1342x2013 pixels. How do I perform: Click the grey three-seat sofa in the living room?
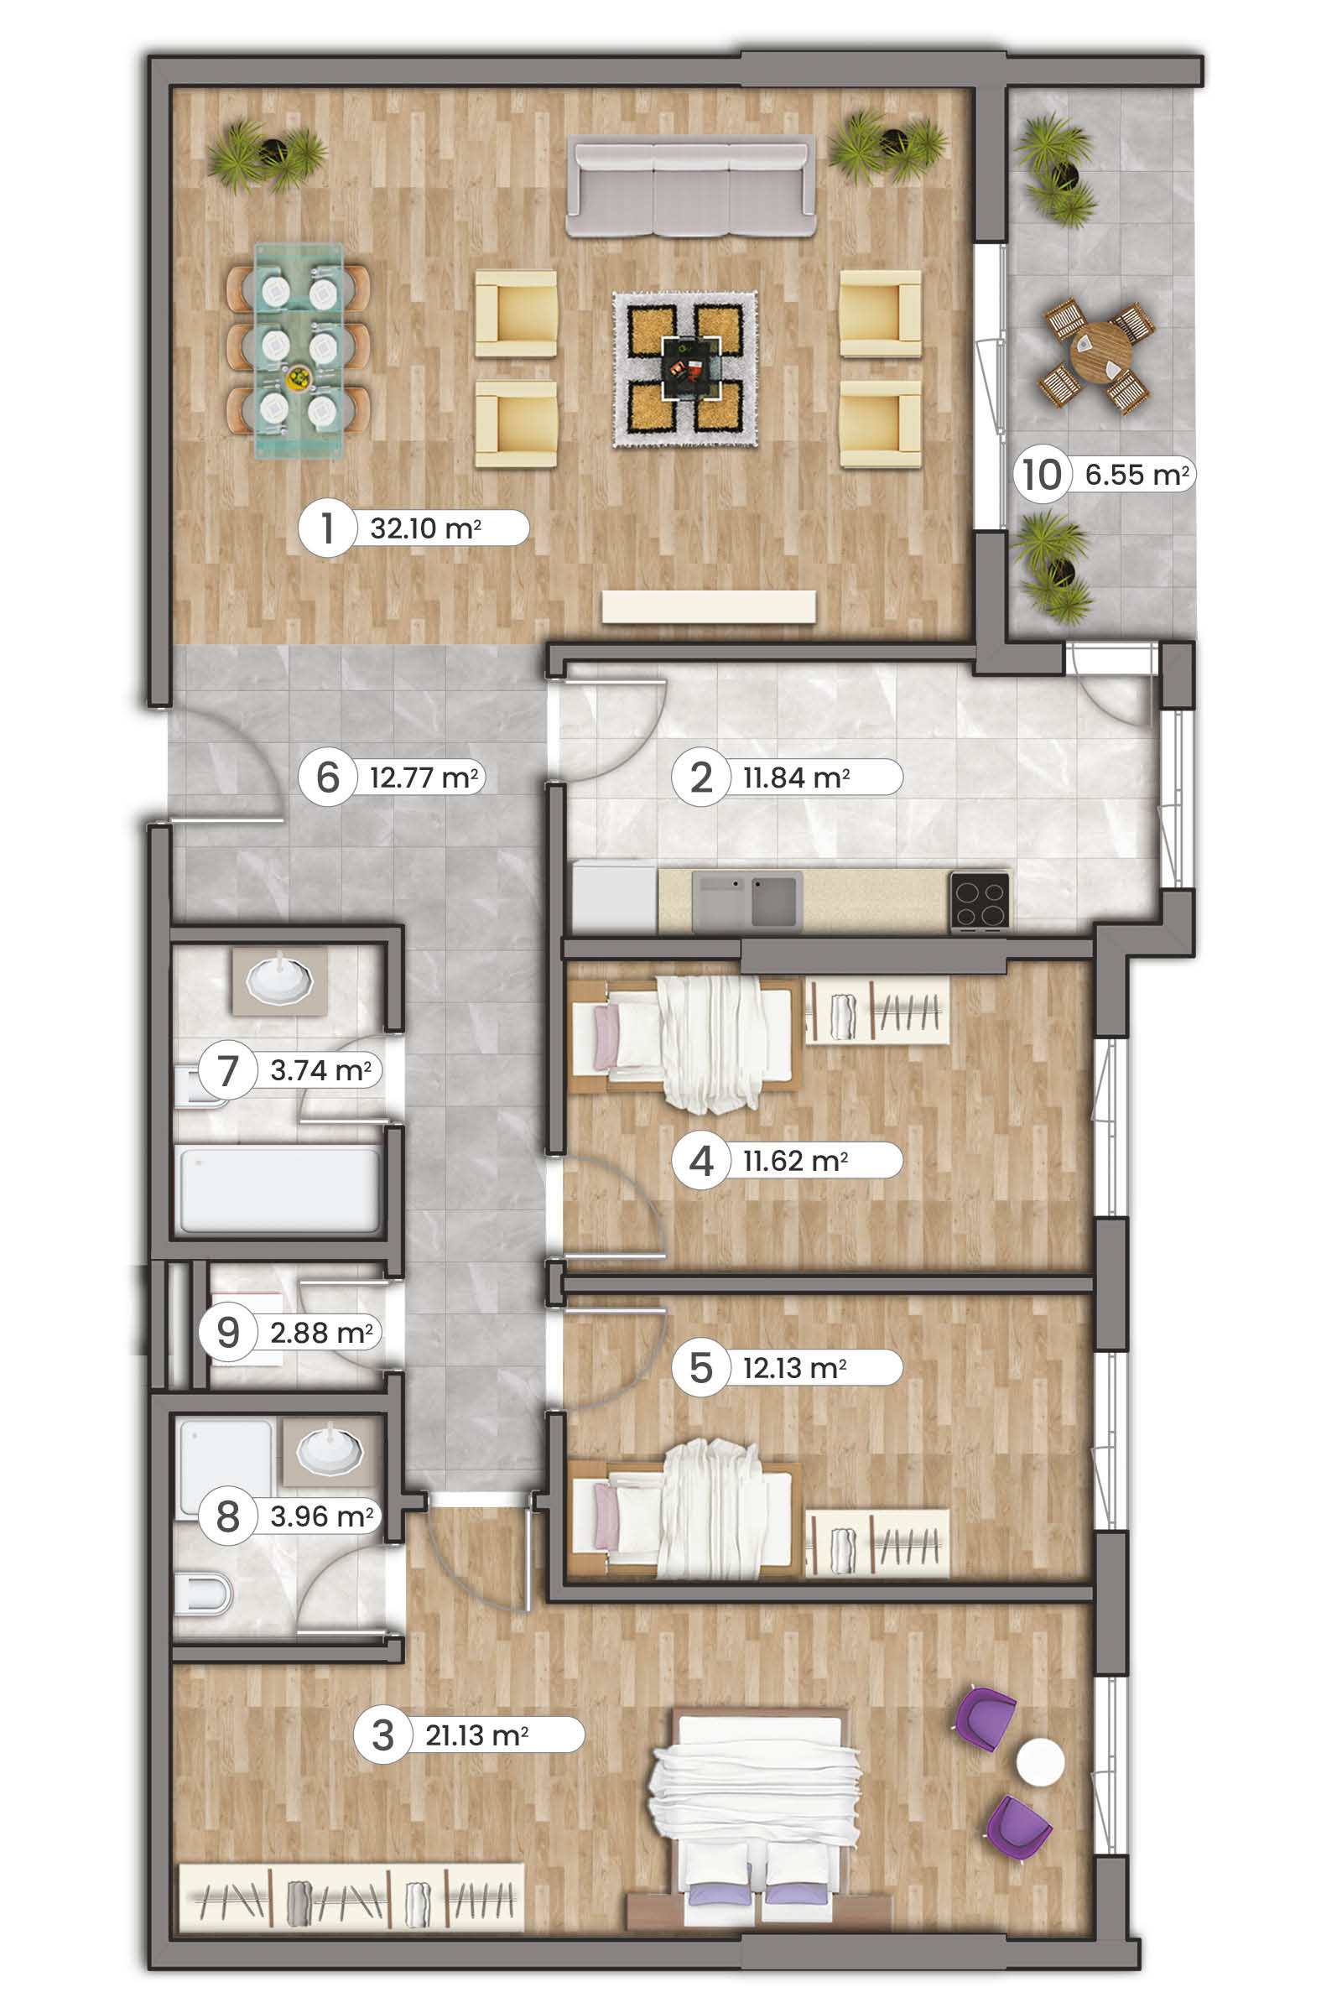tap(690, 185)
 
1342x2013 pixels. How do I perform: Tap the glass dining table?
tap(299, 351)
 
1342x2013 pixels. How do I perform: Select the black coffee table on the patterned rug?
tap(689, 367)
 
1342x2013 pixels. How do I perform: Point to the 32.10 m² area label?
tap(425, 528)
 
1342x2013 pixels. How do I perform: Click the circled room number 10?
tap(1043, 474)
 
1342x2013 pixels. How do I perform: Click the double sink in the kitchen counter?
tap(747, 900)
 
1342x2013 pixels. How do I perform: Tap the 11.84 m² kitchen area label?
tap(796, 778)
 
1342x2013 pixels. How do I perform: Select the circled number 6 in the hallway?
tap(328, 778)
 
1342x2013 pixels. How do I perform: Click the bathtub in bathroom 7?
tap(278, 1189)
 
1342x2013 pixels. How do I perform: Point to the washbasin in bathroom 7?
tap(280, 980)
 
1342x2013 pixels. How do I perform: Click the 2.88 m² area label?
tap(322, 1333)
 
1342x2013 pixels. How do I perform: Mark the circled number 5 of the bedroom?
tap(701, 1368)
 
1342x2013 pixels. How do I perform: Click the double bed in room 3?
tap(756, 1819)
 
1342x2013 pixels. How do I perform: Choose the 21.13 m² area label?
tap(476, 1735)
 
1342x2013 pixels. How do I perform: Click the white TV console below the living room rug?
tap(709, 606)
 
